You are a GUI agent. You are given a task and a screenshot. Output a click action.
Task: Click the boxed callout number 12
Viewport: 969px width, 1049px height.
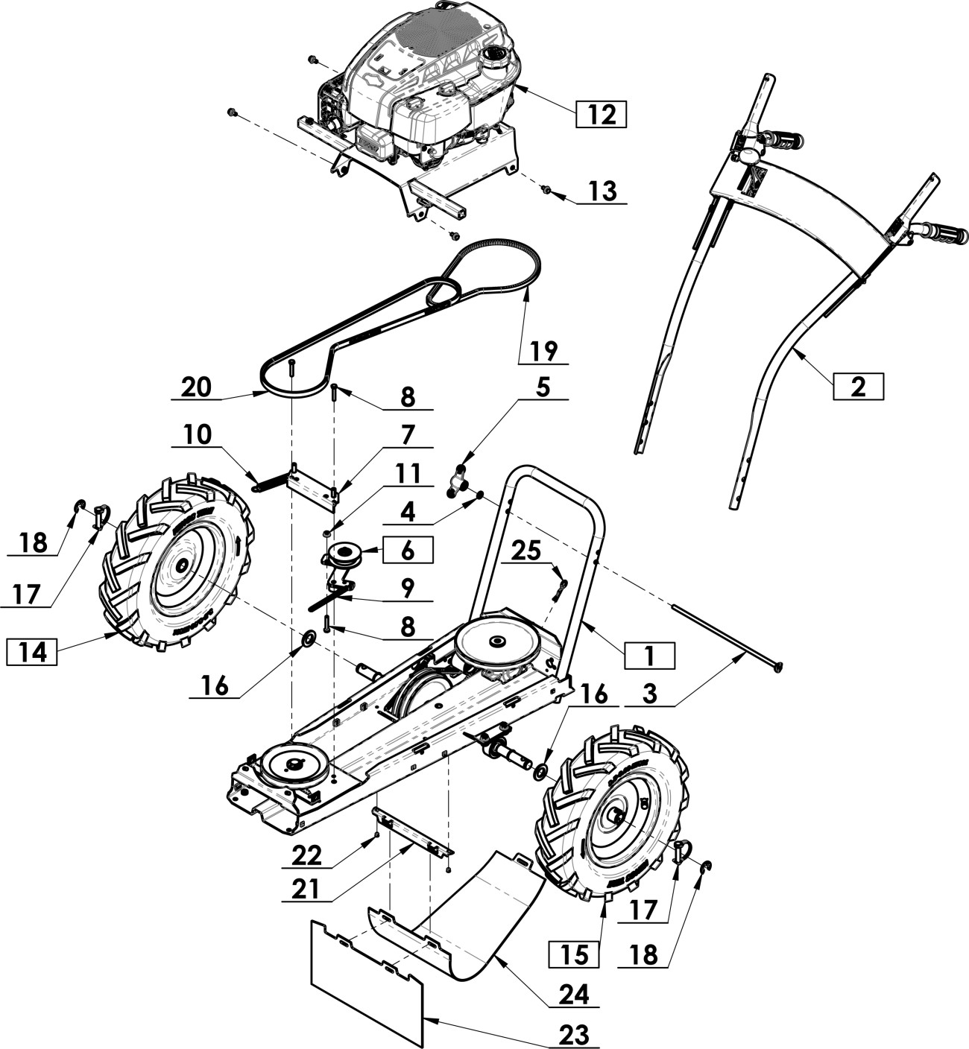601,113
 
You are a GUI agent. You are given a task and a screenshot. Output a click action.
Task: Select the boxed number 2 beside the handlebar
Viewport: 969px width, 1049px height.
859,387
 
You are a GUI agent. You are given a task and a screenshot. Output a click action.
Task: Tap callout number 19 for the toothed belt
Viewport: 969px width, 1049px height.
543,351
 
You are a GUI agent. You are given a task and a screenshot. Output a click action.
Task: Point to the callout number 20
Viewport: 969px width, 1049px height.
196,387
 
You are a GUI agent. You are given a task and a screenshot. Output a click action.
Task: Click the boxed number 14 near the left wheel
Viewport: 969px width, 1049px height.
32,653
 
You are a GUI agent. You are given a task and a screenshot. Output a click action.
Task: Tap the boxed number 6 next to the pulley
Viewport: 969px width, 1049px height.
408,550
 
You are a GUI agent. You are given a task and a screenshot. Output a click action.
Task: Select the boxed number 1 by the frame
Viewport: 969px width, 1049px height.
650,656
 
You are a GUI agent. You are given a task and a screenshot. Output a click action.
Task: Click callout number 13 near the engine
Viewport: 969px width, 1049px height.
603,191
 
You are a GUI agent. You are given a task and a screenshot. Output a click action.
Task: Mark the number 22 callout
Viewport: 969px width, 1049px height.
307,856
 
